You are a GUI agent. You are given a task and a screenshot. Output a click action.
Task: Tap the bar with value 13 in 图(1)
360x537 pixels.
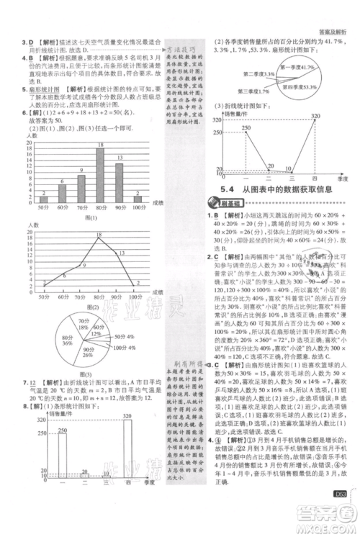(118, 182)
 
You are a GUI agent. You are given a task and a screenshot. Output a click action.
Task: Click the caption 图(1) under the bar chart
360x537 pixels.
(89, 217)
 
